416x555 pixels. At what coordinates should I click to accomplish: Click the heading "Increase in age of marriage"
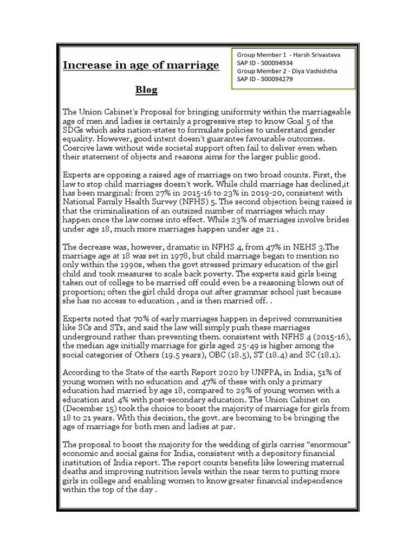141,66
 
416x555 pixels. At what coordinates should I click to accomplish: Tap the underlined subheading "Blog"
146,89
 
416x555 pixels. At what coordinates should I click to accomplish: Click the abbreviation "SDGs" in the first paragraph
74,131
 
